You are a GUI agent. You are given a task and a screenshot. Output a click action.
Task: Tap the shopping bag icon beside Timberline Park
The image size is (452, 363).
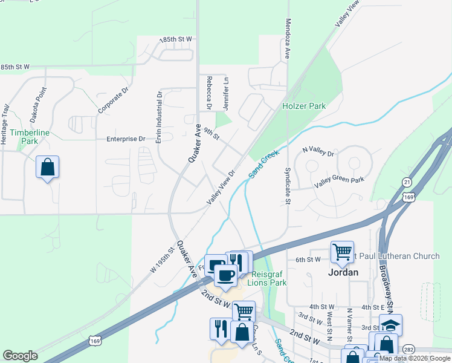click(x=47, y=167)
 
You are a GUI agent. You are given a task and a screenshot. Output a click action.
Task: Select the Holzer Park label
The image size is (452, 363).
click(x=304, y=106)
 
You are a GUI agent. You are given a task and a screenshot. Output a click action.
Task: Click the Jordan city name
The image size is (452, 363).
click(x=344, y=272)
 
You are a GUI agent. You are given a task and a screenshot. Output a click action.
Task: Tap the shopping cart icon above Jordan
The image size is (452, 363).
click(x=342, y=250)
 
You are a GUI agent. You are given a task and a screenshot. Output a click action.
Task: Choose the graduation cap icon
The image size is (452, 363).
click(x=390, y=324)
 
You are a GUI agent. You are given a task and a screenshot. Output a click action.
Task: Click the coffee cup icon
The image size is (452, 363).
click(x=226, y=275)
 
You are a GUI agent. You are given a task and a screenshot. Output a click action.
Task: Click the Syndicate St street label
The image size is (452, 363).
click(x=288, y=187)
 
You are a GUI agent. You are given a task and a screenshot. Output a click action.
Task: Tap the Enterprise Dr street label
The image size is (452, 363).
click(x=126, y=139)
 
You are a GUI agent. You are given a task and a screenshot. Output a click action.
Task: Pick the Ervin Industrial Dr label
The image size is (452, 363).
click(x=160, y=118)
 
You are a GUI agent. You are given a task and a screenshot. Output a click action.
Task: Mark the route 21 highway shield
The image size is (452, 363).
click(x=407, y=182)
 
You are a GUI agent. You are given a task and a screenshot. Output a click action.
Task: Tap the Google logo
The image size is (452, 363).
click(x=20, y=356)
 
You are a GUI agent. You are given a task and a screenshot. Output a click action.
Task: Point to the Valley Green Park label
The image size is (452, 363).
click(x=339, y=180)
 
